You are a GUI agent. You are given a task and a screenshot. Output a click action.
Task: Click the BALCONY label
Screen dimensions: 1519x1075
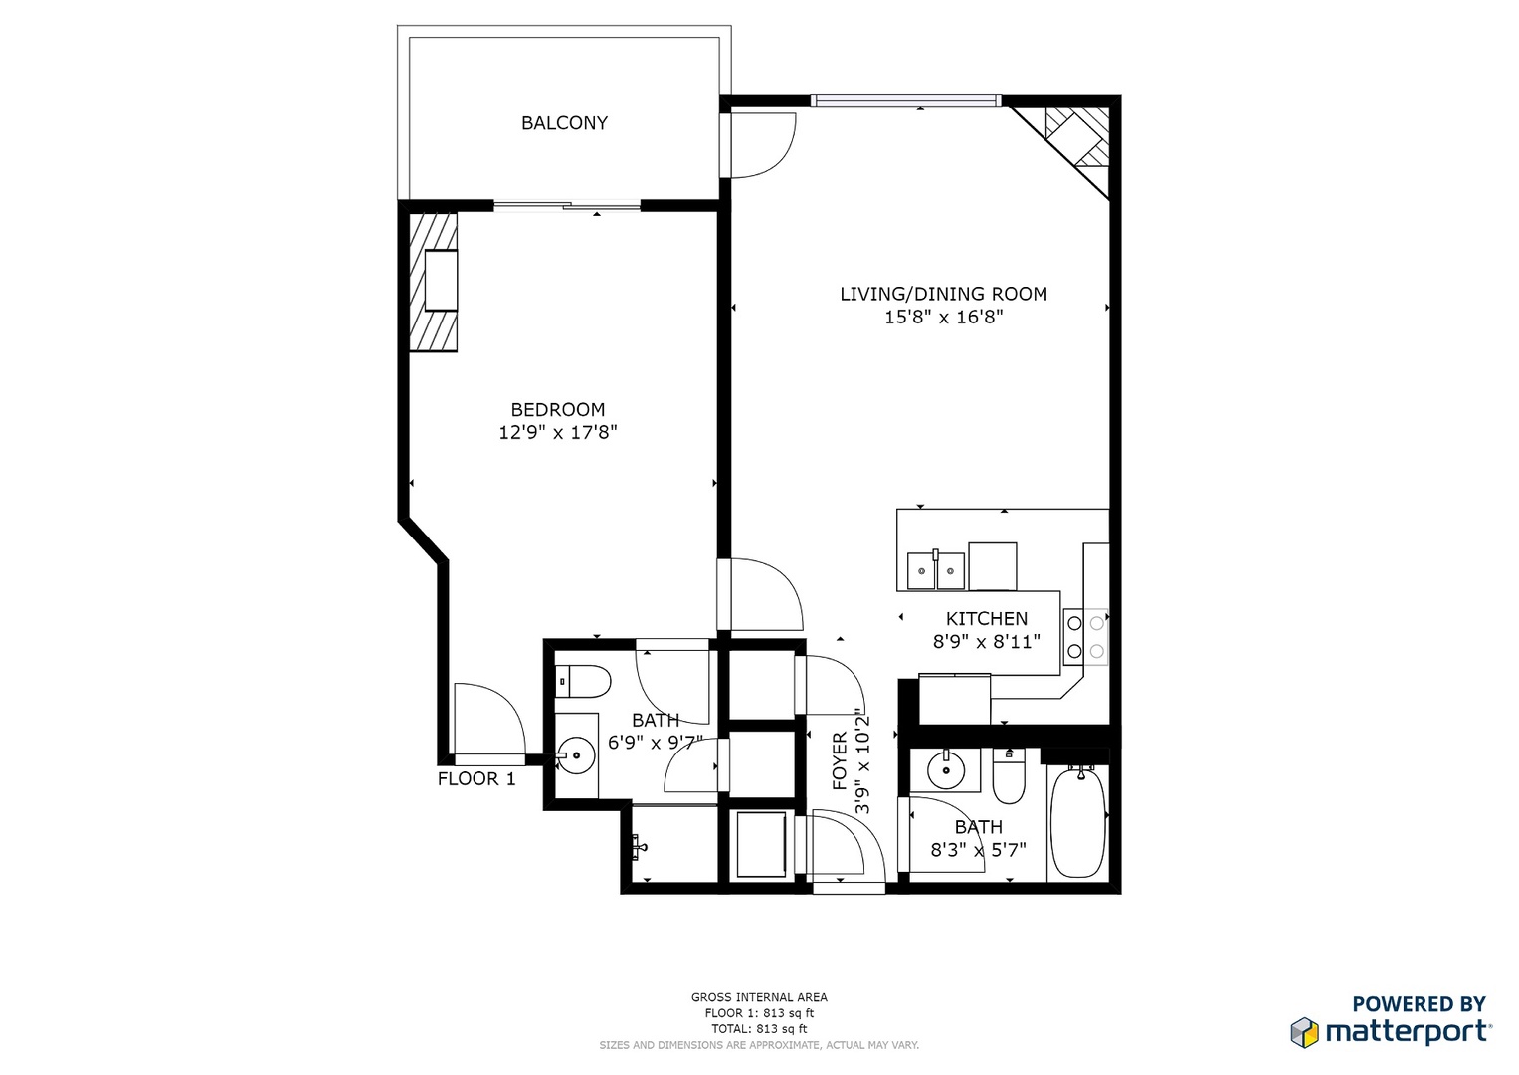click(564, 123)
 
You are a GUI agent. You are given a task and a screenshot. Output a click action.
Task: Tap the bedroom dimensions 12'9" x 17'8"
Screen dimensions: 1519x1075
click(558, 433)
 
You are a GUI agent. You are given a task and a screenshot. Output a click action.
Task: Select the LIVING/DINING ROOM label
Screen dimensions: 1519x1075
click(943, 294)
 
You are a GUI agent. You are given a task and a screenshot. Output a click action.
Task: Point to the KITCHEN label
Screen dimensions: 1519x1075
click(986, 619)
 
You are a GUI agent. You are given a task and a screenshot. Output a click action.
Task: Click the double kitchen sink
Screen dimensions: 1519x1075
click(936, 571)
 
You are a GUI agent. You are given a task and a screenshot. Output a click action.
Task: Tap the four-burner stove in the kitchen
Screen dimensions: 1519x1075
click(1085, 637)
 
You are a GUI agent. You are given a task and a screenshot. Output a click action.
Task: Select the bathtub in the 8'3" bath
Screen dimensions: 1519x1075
click(1077, 822)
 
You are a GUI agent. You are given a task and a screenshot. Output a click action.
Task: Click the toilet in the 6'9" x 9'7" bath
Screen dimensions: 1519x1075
click(584, 682)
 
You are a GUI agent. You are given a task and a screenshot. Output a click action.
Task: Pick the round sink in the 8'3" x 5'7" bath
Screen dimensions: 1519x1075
click(945, 769)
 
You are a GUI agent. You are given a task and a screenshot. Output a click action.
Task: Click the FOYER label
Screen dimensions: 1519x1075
click(840, 761)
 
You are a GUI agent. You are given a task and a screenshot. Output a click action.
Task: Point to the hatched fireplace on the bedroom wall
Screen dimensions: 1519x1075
click(435, 282)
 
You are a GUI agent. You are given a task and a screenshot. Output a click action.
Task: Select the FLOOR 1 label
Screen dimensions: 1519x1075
click(476, 779)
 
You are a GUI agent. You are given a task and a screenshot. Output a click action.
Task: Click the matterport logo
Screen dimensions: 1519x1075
click(1392, 1030)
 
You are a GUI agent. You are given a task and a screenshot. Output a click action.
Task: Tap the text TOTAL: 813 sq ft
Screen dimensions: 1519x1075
click(759, 1029)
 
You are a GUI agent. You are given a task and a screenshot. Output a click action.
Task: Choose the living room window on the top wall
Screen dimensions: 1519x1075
click(905, 100)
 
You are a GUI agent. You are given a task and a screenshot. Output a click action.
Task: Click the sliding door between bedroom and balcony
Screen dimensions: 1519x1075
click(567, 207)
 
